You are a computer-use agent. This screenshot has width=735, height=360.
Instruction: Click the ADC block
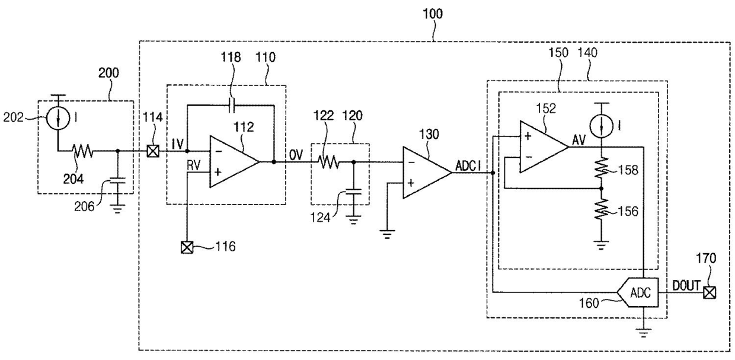[x=638, y=292]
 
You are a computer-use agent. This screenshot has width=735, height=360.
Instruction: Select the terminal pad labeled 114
[x=153, y=151]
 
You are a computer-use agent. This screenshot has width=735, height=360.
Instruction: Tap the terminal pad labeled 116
[x=187, y=247]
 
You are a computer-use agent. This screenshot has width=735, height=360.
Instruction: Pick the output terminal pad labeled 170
[x=710, y=292]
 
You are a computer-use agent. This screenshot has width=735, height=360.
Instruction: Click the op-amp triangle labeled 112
[x=234, y=161]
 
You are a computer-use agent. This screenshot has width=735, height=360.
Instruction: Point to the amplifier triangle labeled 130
[x=427, y=173]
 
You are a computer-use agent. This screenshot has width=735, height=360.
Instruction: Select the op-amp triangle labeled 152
[x=544, y=146]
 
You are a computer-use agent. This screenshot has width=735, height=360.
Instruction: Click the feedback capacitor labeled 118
[x=231, y=106]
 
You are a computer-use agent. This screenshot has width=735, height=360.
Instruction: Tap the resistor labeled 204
[x=83, y=151]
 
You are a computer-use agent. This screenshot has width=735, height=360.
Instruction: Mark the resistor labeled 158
[x=602, y=168]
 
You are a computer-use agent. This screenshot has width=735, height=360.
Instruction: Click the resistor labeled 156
[x=602, y=209]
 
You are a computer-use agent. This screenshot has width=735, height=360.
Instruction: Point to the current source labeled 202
[x=57, y=117]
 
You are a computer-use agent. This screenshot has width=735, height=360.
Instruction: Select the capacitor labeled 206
[x=118, y=180]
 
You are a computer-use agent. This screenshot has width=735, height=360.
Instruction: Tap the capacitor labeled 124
[x=353, y=192]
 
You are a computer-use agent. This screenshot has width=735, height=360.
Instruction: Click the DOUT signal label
[x=686, y=285]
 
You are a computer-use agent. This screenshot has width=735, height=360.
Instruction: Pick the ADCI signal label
[x=468, y=167]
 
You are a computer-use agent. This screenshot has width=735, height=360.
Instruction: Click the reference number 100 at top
[x=433, y=14]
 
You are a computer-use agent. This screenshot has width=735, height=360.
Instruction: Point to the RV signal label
[x=193, y=165]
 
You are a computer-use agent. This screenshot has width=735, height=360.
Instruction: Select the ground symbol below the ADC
[x=644, y=333]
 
